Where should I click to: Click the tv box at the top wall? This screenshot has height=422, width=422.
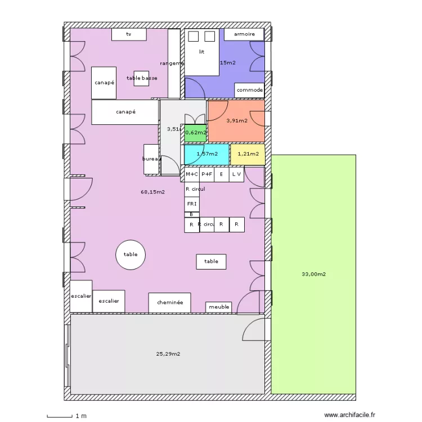point(129,34)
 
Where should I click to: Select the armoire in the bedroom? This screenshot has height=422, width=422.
point(244,34)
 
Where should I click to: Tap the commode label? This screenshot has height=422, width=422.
point(249,90)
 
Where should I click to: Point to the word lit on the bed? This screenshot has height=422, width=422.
point(201,52)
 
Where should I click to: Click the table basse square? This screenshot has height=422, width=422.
point(141,78)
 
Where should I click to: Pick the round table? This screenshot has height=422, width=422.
point(131,254)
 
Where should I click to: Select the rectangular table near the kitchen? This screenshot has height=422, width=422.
point(211,261)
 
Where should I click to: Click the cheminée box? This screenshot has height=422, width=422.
point(169,303)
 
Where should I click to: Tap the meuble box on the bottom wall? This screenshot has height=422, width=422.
point(219,307)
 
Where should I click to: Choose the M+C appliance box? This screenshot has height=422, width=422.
point(192,174)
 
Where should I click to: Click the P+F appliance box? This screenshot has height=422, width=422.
point(206,174)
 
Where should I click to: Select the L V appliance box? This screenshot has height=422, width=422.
point(236,174)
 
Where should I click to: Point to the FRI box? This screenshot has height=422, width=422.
point(192,204)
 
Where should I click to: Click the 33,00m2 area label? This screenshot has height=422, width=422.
point(313,275)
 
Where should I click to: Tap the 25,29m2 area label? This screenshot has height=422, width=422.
point(168,354)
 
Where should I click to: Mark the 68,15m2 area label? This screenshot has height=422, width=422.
point(152,192)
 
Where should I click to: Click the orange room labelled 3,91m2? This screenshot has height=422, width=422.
point(237,120)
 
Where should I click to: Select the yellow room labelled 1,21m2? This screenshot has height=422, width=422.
point(248,154)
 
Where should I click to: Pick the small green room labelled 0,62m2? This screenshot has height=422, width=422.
point(195,133)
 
